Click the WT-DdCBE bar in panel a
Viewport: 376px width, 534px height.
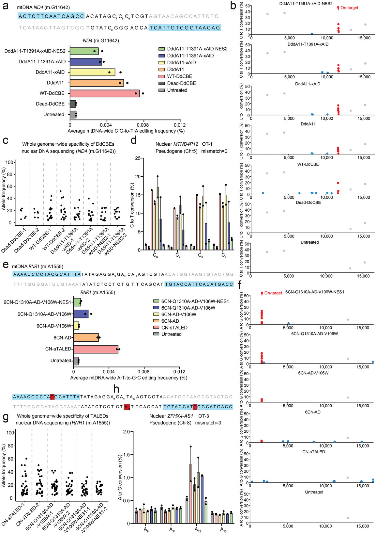coord(104,93)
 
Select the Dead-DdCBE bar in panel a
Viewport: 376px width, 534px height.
coord(73,104)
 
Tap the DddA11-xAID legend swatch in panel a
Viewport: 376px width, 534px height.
coord(161,63)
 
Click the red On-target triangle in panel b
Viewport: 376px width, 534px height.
coord(338,8)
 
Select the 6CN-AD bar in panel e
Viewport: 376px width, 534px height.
coord(86,338)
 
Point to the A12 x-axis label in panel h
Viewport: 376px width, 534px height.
coord(198,529)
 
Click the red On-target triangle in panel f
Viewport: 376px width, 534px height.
coord(262,294)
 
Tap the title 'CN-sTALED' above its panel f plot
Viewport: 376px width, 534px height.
coord(313,452)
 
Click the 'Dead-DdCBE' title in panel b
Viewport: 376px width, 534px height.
coord(308,202)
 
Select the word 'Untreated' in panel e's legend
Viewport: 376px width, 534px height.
coord(171,334)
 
